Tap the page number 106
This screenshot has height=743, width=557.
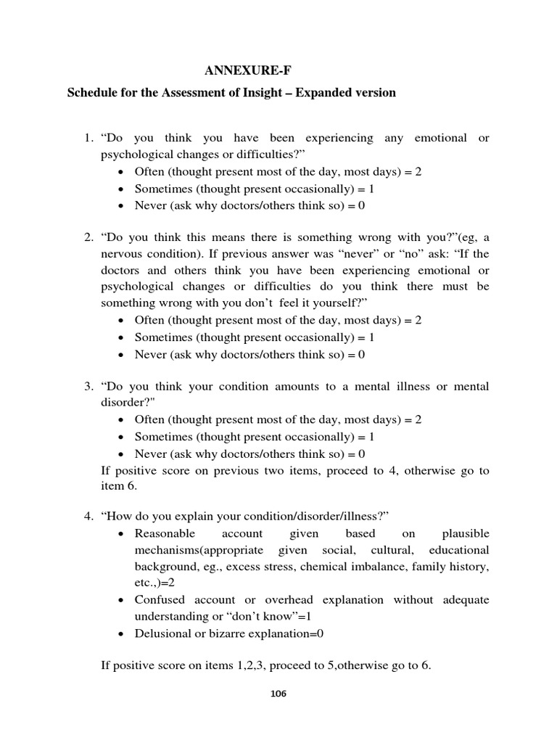click(x=278, y=694)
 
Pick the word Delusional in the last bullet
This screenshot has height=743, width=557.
click(x=162, y=633)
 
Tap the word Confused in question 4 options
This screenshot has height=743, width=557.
click(x=160, y=599)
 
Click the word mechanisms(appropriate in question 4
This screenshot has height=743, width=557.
click(x=191, y=550)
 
